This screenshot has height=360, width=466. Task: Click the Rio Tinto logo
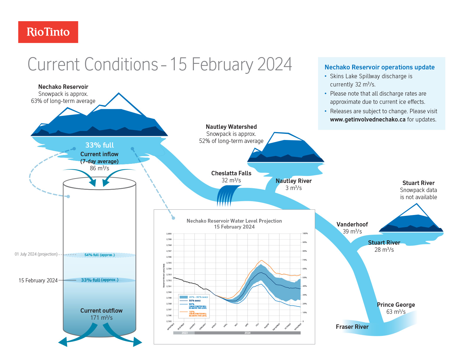pyautogui.click(x=48, y=32)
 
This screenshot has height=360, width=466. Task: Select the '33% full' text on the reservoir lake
pyautogui.click(x=99, y=145)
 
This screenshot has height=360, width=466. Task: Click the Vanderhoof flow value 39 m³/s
pyautogui.click(x=352, y=231)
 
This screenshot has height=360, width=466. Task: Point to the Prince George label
pyautogui.click(x=396, y=305)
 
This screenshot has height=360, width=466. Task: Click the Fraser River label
pyautogui.click(x=352, y=327)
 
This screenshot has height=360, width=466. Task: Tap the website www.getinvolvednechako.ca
pyautogui.click(x=367, y=119)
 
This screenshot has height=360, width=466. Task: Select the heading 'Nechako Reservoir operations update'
pyautogui.click(x=379, y=67)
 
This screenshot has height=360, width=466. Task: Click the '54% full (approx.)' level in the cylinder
pyautogui.click(x=99, y=255)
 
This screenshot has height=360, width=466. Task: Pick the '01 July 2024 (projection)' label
pyautogui.click(x=36, y=254)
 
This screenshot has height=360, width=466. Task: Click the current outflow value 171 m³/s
pyautogui.click(x=101, y=318)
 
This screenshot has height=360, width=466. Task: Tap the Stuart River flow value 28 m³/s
pyautogui.click(x=384, y=250)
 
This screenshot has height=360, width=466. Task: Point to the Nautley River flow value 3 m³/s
pyautogui.click(x=293, y=188)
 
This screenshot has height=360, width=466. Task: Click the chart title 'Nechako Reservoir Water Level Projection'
pyautogui.click(x=234, y=221)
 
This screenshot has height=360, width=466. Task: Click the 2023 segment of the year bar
pyautogui.click(x=184, y=333)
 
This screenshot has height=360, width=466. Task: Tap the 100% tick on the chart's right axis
pyautogui.click(x=305, y=234)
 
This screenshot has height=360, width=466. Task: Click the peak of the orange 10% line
pyautogui.click(x=261, y=260)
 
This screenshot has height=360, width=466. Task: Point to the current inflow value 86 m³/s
pyautogui.click(x=99, y=168)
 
